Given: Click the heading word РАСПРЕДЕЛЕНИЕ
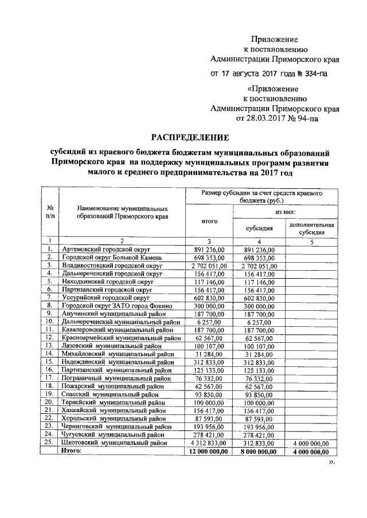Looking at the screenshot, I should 190,138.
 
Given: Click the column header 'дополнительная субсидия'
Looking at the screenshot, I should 311,229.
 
